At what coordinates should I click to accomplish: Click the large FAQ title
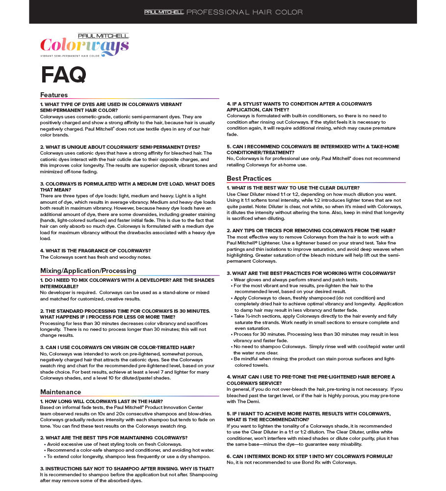[63, 75]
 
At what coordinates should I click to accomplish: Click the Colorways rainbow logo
[84, 46]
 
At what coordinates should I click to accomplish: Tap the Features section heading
[54, 95]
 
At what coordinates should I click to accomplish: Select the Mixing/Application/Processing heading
[88, 271]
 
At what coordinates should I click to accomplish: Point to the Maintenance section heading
[60, 392]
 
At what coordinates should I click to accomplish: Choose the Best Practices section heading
[249, 178]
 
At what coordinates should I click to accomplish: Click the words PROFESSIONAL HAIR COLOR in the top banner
[244, 12]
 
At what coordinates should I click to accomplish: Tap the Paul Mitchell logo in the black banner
[163, 12]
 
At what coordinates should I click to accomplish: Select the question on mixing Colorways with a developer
[127, 283]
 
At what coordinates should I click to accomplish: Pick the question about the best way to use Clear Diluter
[293, 188]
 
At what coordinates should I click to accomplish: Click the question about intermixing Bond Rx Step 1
[309, 456]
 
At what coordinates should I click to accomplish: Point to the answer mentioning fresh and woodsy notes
[95, 257]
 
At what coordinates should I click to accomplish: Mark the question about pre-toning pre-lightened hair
[310, 380]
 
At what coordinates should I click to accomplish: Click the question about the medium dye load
[127, 187]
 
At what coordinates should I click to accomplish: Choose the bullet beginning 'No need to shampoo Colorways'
[319, 347]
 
